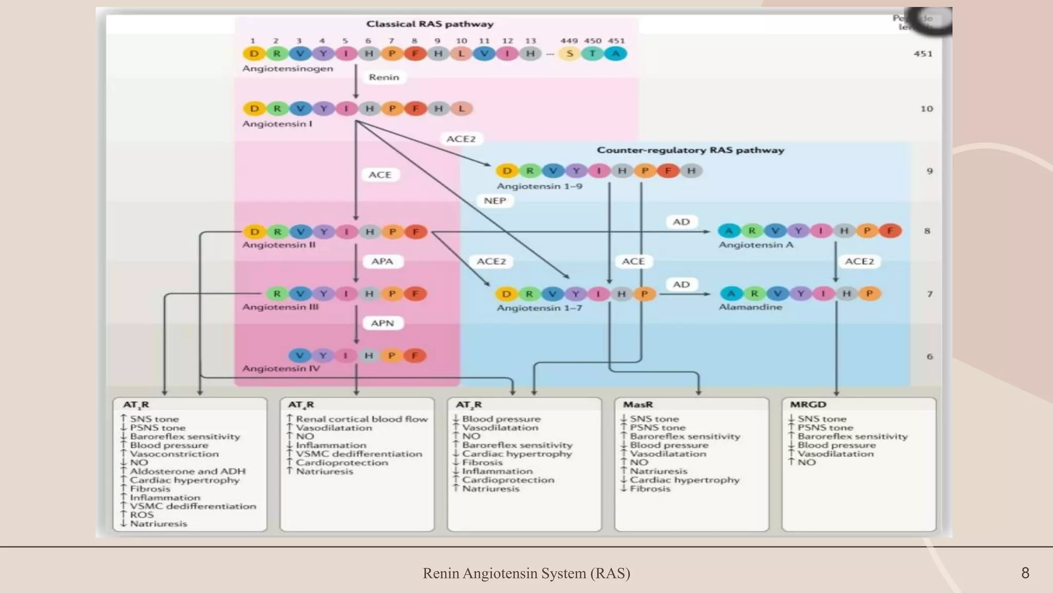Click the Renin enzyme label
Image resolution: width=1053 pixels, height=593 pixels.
384,77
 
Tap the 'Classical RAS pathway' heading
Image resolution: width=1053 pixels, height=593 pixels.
430,24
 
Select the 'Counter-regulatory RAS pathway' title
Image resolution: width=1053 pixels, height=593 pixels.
690,150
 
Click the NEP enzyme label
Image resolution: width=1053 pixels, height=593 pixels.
495,201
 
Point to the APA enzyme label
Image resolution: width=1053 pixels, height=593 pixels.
382,261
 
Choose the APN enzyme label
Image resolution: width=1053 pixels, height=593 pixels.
382,323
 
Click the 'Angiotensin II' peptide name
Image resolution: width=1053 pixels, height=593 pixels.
279,245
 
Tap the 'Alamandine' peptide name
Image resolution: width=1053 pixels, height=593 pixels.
750,307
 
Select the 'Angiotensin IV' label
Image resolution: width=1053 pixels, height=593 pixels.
281,369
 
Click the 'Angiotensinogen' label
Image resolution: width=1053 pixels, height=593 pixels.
287,68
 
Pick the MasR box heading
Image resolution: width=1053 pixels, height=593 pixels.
638,405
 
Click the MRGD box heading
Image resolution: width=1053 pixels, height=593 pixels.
808,405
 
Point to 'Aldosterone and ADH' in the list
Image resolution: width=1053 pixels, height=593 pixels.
187,472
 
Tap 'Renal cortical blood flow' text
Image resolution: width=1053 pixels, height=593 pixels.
361,419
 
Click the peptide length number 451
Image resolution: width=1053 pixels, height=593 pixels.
923,54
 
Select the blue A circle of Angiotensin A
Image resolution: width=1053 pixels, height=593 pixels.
729,231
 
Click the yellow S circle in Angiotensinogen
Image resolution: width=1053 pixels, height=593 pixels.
570,54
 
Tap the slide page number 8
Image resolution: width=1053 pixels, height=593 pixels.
1025,573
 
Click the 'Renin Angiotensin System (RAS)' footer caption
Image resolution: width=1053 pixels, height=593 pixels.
526,573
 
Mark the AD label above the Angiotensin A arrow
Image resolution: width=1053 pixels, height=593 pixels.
681,222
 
